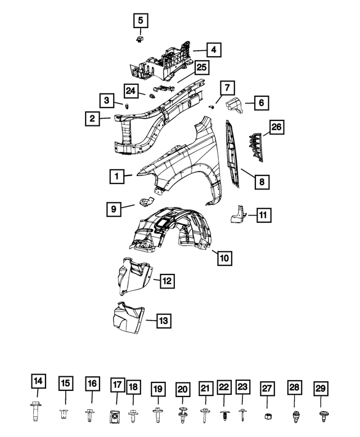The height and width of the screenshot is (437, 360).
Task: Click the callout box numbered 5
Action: (x=141, y=20)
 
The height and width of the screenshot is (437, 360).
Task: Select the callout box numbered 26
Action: (x=277, y=127)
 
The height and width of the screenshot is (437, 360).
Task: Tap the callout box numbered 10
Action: (x=224, y=258)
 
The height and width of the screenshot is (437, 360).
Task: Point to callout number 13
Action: (x=163, y=321)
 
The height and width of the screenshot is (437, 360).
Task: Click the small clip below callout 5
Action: (x=139, y=39)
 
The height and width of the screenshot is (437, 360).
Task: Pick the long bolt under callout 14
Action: (x=35, y=411)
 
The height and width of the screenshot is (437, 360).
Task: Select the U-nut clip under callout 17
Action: (x=114, y=417)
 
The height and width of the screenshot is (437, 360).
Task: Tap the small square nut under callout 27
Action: (x=268, y=416)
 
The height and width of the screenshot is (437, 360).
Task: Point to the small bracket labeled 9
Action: (x=146, y=202)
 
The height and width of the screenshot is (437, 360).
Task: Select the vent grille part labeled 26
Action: (x=255, y=147)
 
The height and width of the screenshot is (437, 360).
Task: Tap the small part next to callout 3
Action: (x=127, y=106)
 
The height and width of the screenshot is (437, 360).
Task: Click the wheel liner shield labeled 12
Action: (x=134, y=276)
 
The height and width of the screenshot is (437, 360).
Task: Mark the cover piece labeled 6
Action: (x=234, y=105)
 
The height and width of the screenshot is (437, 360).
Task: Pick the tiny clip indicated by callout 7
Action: (x=211, y=107)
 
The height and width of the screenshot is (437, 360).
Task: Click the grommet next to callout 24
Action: (x=152, y=96)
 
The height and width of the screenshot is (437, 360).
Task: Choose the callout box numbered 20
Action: (x=183, y=389)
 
